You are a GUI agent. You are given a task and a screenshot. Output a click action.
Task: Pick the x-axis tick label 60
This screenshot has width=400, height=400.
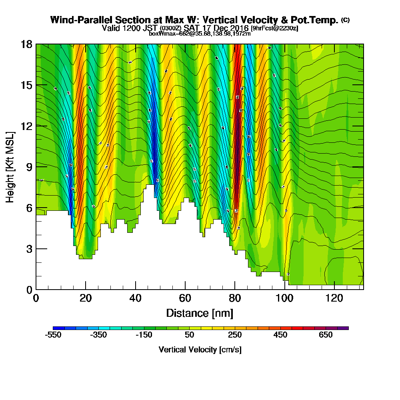[185, 298]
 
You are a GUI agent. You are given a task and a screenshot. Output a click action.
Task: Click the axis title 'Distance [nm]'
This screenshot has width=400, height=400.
[200, 313]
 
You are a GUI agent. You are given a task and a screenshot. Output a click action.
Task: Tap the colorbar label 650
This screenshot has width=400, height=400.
[326, 335]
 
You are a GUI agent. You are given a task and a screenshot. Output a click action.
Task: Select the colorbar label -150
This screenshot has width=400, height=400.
[144, 335]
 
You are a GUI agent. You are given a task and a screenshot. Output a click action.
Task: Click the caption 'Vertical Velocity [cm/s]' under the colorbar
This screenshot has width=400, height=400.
[200, 350]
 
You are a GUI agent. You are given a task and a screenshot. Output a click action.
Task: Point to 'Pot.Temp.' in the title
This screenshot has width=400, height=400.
[318, 20]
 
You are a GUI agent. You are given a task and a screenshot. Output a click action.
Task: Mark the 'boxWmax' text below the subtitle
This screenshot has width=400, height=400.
[160, 34]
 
